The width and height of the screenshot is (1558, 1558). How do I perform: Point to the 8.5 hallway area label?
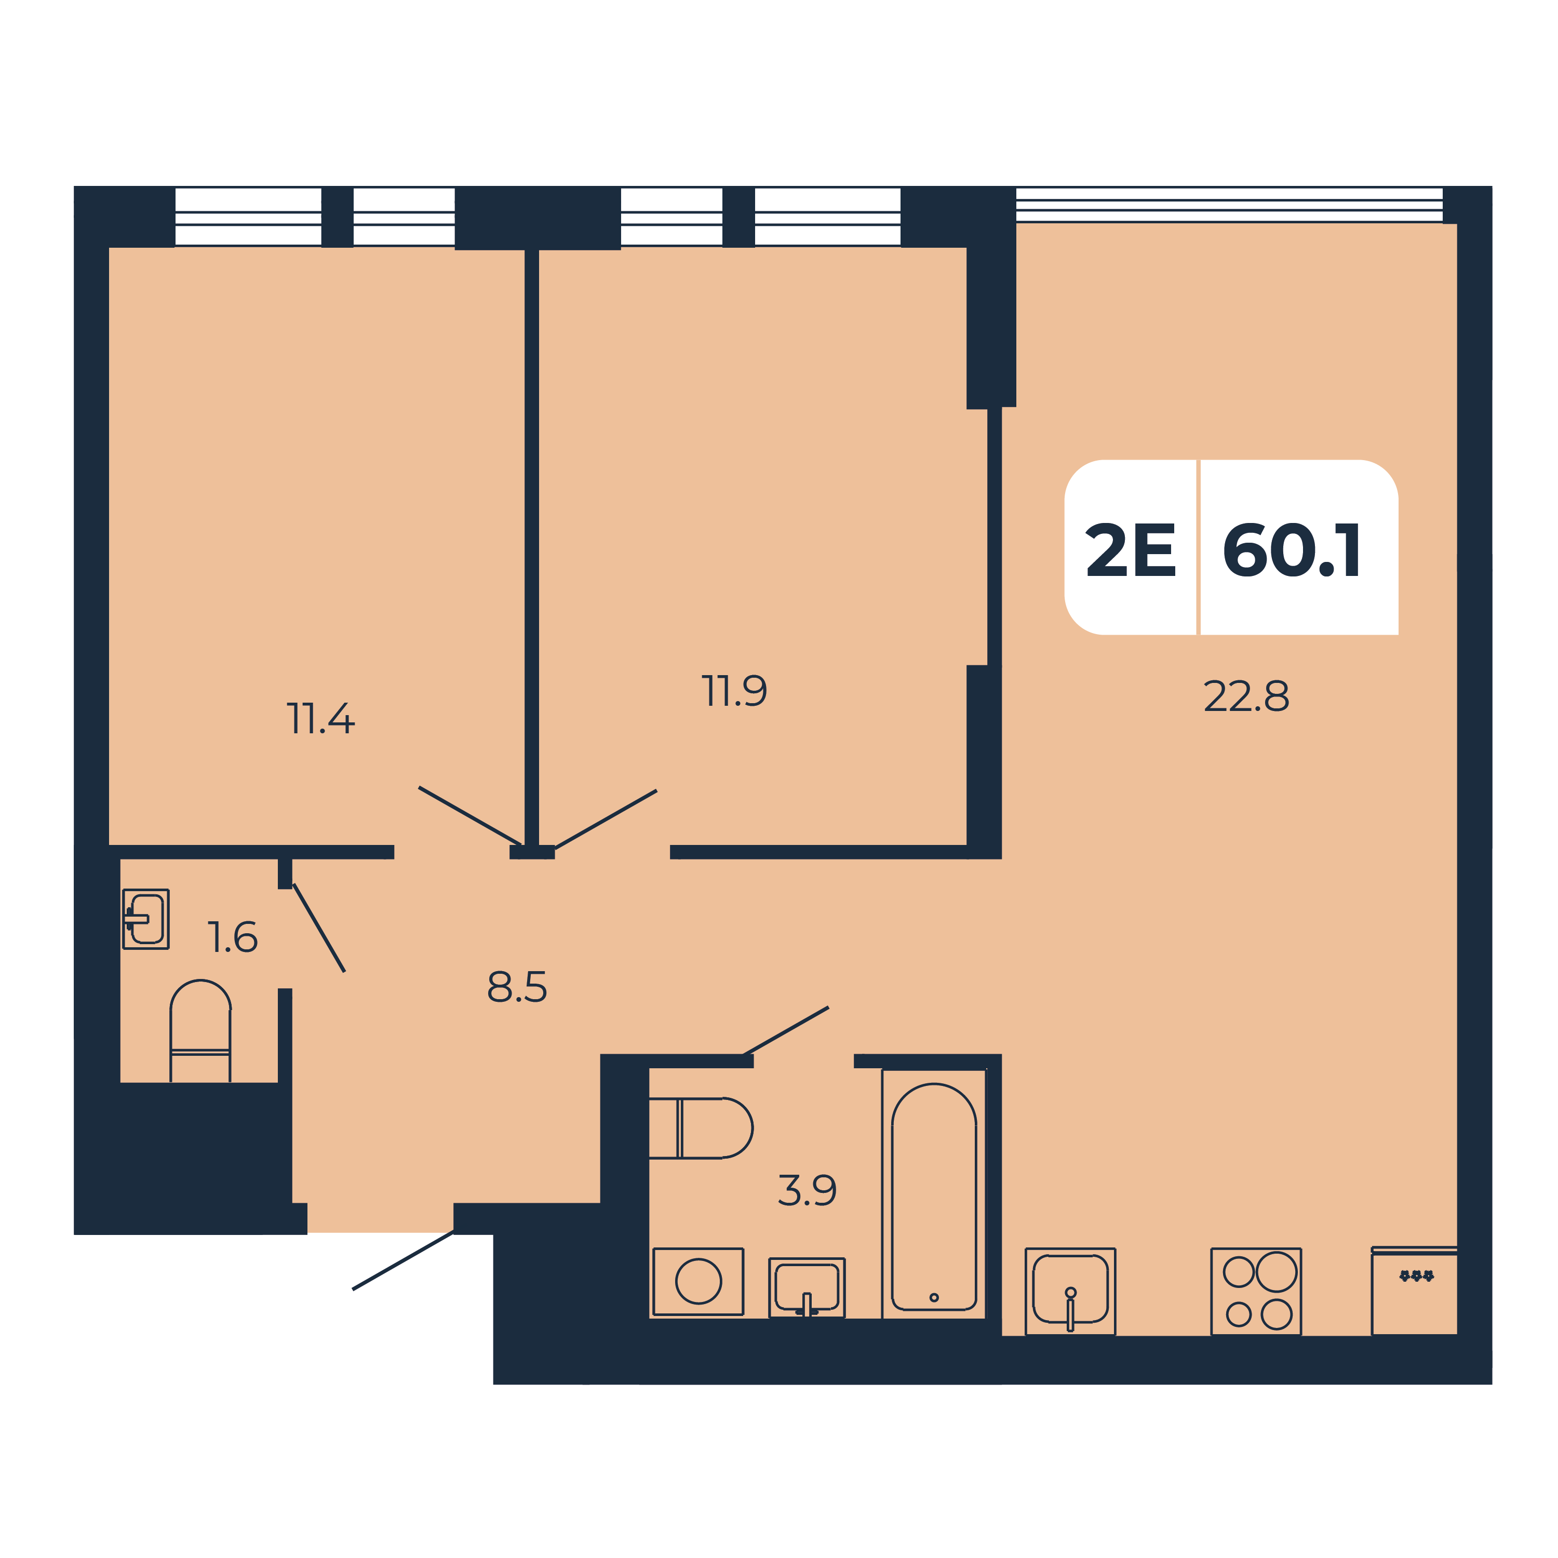(517, 986)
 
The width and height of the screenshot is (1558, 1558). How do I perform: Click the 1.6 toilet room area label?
(232, 937)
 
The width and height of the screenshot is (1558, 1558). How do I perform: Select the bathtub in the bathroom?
(934, 1195)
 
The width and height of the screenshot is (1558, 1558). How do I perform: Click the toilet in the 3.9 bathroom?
(700, 1128)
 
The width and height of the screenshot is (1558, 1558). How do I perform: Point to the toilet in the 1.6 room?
(200, 1030)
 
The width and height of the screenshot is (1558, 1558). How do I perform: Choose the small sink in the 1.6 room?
(146, 919)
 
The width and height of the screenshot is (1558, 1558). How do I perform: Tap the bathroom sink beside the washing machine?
(807, 1287)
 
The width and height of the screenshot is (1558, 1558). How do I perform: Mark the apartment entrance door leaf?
(403, 1260)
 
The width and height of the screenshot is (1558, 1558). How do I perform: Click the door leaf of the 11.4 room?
(470, 815)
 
